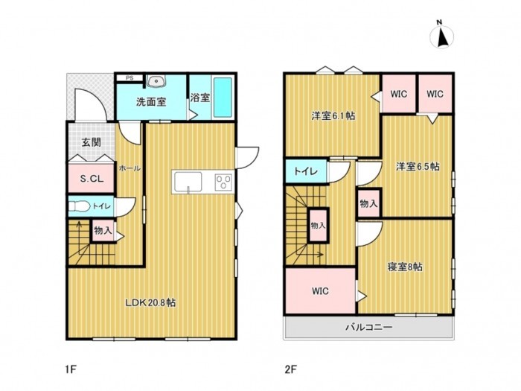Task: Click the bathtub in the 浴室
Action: pyautogui.click(x=224, y=97)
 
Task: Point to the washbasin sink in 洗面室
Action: pyautogui.click(x=156, y=82)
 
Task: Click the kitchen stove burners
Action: pyautogui.click(x=223, y=181)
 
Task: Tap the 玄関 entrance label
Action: pyautogui.click(x=91, y=142)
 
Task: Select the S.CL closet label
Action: pyautogui.click(x=91, y=179)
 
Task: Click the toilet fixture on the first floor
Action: pyautogui.click(x=80, y=207)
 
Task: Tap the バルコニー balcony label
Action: pyautogui.click(x=368, y=326)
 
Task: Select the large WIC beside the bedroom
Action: pyautogui.click(x=320, y=291)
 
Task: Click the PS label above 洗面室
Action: pyautogui.click(x=129, y=77)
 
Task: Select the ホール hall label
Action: pyautogui.click(x=130, y=168)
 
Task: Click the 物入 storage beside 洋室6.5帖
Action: pyautogui.click(x=368, y=203)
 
